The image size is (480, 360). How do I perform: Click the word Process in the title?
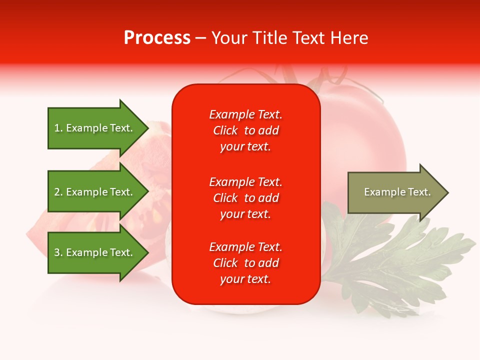pyautogui.click(x=157, y=38)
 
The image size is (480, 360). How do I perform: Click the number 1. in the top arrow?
pyautogui.click(x=58, y=128)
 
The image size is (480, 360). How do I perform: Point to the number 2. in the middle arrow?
pyautogui.click(x=58, y=192)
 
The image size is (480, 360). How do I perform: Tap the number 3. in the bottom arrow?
pyautogui.click(x=58, y=252)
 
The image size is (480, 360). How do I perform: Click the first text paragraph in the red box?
pyautogui.click(x=245, y=130)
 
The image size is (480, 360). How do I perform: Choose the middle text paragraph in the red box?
pyautogui.click(x=245, y=198)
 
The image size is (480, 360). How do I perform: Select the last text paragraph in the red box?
pyautogui.click(x=245, y=263)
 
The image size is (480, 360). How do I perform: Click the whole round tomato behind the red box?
pyautogui.click(x=365, y=130)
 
